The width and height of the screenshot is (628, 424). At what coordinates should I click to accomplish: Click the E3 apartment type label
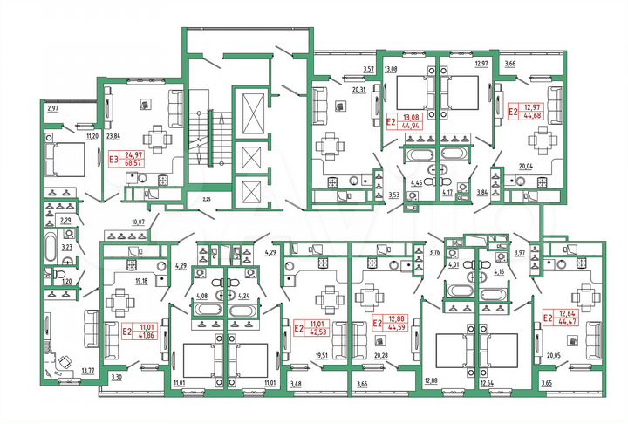pos(113,160)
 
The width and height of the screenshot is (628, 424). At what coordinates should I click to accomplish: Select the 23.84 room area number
pos(113,136)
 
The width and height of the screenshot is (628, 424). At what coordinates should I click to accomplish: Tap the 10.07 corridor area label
pos(138,222)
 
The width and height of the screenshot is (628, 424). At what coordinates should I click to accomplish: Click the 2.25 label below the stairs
pos(207,201)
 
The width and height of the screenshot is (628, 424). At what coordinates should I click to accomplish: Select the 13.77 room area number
pos(87,372)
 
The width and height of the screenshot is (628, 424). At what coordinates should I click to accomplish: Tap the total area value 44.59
pos(398,329)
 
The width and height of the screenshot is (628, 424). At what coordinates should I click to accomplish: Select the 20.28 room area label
pos(381,356)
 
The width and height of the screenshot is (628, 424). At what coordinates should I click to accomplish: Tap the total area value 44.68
pos(530,114)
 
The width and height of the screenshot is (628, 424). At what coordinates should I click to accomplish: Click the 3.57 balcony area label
pos(369,68)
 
